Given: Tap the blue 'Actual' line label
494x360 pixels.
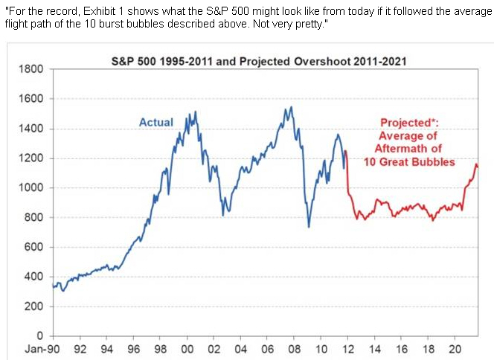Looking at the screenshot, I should [155, 122].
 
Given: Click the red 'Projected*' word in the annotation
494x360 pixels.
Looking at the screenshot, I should [409, 123].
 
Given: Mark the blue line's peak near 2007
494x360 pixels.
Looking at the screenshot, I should [290, 107].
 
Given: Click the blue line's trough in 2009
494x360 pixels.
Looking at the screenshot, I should [309, 226].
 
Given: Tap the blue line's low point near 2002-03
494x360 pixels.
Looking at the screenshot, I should [222, 215].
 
